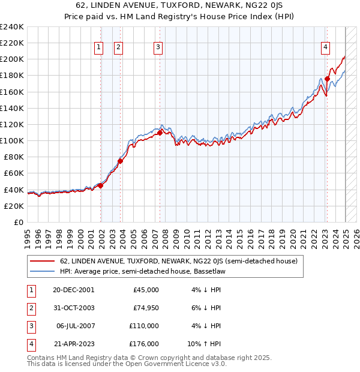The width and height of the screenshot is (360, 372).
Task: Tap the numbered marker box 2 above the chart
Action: point(118,48)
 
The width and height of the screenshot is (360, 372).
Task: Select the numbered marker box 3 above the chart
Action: point(158,48)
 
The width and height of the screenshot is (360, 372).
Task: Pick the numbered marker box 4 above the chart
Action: point(325,48)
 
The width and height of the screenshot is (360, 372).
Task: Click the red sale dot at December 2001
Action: point(101,185)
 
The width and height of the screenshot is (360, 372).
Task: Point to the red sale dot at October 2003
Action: point(121,161)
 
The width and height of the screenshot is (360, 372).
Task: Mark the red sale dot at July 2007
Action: point(160,132)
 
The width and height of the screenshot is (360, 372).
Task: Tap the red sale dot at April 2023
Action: point(328,79)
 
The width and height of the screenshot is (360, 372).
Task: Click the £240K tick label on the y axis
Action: point(11,27)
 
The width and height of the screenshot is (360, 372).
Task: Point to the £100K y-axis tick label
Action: point(11,141)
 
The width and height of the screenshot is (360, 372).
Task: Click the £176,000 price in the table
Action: point(145,344)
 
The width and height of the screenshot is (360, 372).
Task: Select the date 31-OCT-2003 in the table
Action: point(74,308)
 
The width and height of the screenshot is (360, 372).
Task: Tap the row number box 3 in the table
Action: point(30,326)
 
